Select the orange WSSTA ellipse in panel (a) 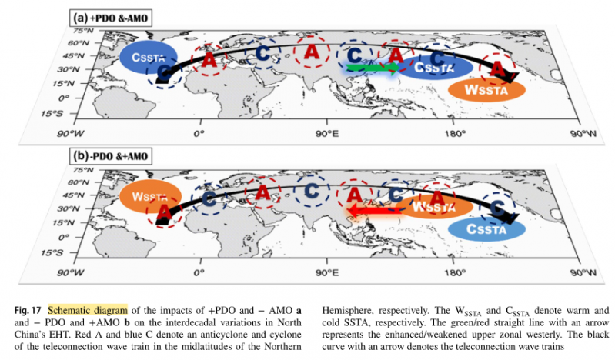click(x=486, y=88)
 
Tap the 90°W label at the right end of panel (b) click(x=584, y=272)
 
